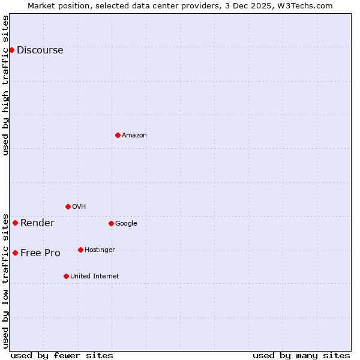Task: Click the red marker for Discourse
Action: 11,50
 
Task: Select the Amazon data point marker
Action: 118,135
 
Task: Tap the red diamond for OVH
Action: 68,206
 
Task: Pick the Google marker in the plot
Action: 111,223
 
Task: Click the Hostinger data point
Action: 80,250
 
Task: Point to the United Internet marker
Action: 66,276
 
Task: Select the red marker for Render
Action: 15,223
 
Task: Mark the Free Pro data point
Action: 15,253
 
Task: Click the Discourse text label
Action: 40,50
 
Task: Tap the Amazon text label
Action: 134,136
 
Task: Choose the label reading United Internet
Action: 94,277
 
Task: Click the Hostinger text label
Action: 100,250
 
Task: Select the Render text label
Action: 37,223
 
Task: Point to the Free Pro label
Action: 40,253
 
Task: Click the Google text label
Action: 126,224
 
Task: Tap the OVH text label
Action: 79,207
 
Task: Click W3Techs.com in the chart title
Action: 309,5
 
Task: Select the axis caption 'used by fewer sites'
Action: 62,355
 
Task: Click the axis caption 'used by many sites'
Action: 301,355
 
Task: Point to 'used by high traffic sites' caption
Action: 5,85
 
